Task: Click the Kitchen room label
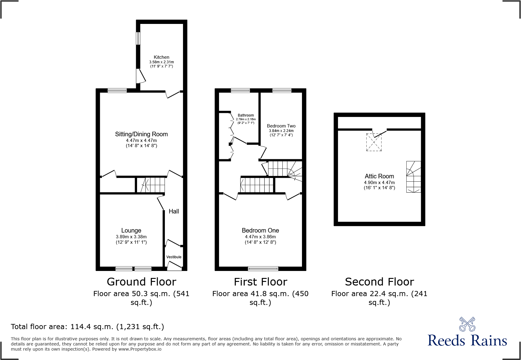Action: coord(161,57)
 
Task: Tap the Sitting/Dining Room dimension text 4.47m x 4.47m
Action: coord(141,140)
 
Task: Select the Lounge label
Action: coord(131,230)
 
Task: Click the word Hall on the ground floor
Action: coord(174,211)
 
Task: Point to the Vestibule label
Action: coord(174,257)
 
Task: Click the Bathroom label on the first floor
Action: coord(246,115)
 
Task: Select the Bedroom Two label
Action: coord(281,126)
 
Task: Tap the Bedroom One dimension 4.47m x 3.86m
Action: coord(260,237)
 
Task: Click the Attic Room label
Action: coord(379,176)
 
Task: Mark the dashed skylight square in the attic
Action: coord(374,142)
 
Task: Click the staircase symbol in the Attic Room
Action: coord(413,177)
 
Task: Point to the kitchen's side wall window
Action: coord(138,38)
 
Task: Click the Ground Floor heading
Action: coord(141,282)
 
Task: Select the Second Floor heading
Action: coord(379,282)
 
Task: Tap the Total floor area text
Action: coord(87,327)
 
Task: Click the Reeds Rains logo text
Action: coord(467,341)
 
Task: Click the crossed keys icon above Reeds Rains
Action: coord(467,324)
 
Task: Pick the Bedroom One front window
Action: coord(263,269)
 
